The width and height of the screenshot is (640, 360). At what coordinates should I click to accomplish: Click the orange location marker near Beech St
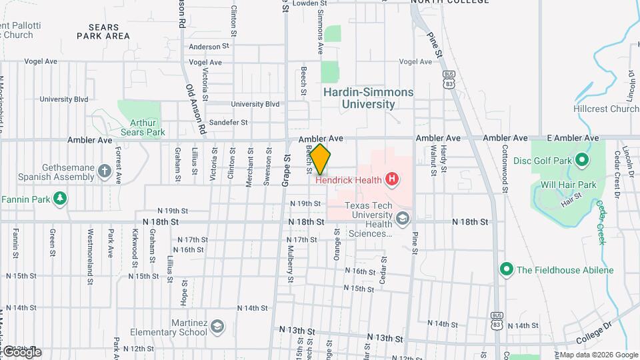pos(320,159)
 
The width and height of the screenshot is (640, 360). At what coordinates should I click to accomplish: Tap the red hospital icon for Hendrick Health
pos(392,179)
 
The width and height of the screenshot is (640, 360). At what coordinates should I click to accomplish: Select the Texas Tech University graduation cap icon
pos(402,218)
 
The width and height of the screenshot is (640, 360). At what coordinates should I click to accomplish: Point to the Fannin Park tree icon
pos(61,199)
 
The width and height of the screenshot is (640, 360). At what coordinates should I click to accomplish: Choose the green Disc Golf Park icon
pos(581,159)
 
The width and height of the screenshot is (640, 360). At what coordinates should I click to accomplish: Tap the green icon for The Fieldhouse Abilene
pos(506,269)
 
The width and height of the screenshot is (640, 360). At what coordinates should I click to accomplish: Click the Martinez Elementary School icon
pos(217,326)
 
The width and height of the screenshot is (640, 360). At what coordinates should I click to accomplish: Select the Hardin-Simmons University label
pos(368,98)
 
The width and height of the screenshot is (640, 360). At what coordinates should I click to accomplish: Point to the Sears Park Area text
pos(103,31)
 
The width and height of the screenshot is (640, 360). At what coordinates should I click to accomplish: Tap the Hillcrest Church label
pos(605,109)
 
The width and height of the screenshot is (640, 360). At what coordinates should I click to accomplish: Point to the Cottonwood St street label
pos(505,169)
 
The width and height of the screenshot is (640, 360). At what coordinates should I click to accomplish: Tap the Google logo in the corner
pos(21,351)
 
